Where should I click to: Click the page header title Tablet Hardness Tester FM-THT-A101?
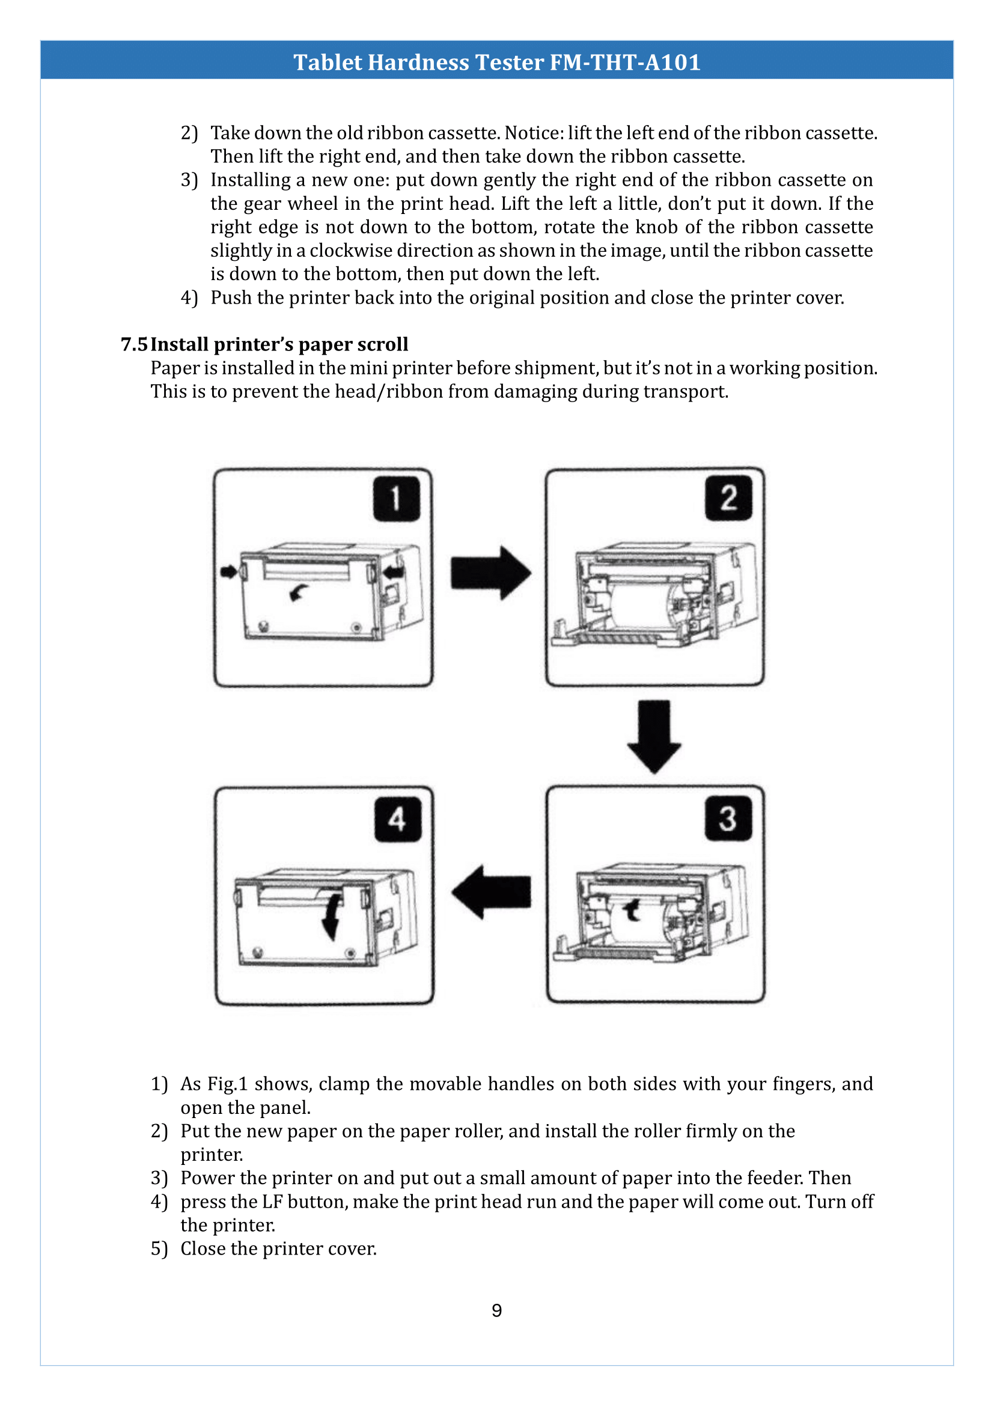[496, 63]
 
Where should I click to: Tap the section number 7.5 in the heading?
[133, 344]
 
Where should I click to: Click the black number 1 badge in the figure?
[397, 498]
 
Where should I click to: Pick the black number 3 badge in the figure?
[728, 819]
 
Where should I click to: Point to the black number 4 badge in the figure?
[397, 819]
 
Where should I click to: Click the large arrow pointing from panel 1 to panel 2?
[491, 573]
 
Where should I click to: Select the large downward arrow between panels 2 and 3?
[654, 737]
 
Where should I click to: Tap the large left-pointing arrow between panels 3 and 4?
[491, 891]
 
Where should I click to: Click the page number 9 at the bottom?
[496, 1310]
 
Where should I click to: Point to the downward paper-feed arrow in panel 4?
[332, 917]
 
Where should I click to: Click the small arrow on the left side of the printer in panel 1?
[228, 572]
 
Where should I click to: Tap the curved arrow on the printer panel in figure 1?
[299, 591]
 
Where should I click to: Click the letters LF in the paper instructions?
[272, 1202]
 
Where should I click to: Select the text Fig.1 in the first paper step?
[227, 1084]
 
